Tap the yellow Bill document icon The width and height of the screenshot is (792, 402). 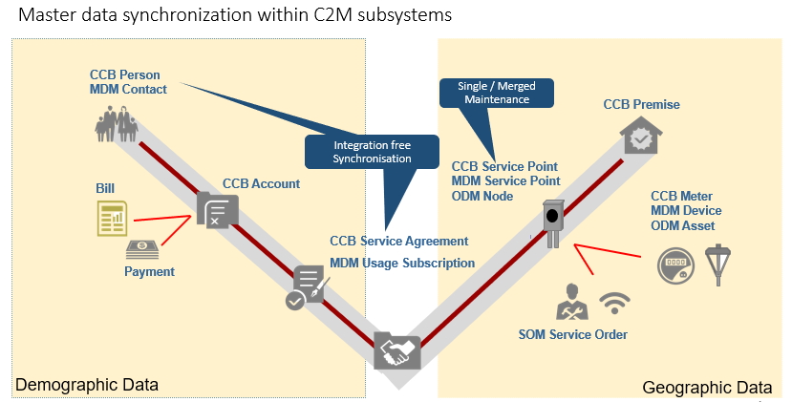[112, 220]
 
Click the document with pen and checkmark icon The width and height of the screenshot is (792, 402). [309, 286]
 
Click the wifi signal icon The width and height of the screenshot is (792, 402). [614, 304]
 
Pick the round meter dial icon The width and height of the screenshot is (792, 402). [675, 264]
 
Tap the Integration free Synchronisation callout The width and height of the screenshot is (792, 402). [356, 151]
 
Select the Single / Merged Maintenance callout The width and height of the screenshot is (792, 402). [486, 93]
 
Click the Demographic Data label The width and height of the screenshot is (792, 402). [87, 385]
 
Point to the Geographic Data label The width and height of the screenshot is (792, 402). [706, 387]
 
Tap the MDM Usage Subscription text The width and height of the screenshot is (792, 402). [401, 263]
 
